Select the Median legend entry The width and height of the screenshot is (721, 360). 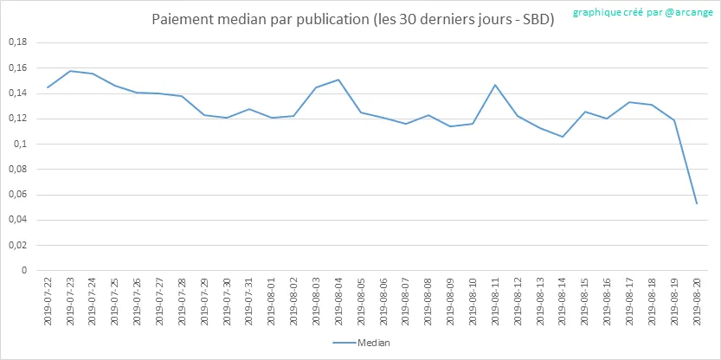coord(361,344)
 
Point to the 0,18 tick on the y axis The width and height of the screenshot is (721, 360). coord(17,42)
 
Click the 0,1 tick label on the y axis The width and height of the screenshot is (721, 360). coord(21,144)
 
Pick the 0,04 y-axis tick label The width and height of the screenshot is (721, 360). coord(17,220)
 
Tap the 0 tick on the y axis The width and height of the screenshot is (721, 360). coord(24,270)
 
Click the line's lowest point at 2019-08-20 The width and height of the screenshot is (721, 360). coord(697,203)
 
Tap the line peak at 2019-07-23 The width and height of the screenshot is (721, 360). coord(70,71)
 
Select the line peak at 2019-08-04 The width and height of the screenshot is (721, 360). coord(338,80)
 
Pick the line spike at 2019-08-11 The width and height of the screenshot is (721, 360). coord(495,85)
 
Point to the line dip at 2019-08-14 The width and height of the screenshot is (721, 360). coord(563,137)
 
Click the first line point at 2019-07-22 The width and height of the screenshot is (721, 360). coord(48,87)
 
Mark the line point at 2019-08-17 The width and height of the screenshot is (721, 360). coord(629,102)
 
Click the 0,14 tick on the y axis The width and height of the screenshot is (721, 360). coord(17,93)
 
